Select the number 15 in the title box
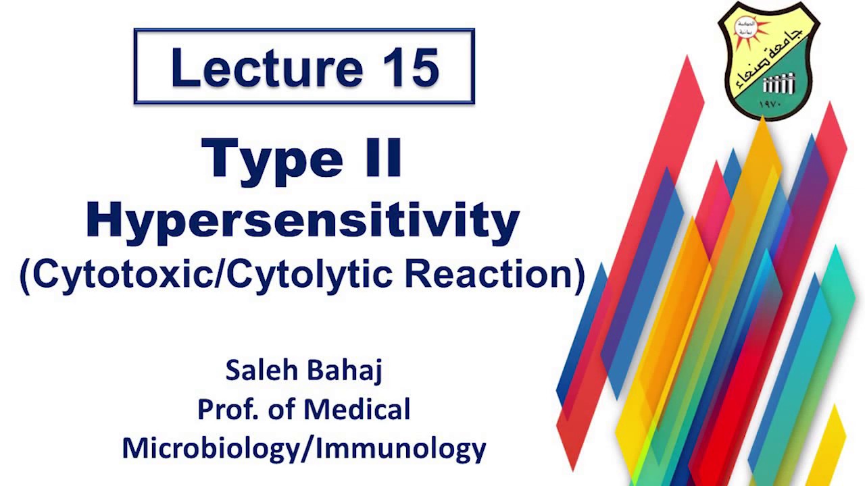pos(411,67)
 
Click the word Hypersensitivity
pos(303,220)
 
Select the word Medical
pos(357,409)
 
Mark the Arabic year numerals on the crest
pos(770,105)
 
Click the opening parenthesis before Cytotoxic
pos(25,276)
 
